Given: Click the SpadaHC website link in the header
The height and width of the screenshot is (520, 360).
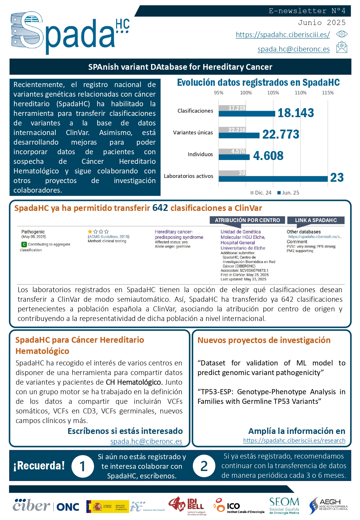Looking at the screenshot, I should click(283, 35).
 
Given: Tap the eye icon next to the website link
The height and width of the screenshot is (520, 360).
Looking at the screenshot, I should click(342, 34).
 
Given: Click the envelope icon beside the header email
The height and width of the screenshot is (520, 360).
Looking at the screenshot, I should click(342, 47).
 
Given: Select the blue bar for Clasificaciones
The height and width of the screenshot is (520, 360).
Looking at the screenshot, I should click(247, 114).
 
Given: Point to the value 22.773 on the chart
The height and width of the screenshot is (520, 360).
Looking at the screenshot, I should click(281, 134).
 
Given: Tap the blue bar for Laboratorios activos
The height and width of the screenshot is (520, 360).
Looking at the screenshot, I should click(273, 179).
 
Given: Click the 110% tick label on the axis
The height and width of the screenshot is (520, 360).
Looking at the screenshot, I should click(300, 93).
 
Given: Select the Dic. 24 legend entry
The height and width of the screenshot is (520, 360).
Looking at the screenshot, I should click(261, 193).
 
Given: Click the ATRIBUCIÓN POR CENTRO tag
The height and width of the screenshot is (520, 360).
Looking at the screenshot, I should click(247, 220).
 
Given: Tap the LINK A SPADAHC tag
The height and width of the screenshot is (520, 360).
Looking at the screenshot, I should click(316, 220).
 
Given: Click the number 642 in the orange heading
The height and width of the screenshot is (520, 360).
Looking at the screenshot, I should click(160, 208).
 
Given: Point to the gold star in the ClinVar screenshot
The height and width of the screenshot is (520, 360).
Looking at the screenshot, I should click(90, 231).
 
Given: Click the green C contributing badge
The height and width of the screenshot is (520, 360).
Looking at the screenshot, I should click(24, 244).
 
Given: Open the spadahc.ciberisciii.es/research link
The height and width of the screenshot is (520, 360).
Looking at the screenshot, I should click(294, 440).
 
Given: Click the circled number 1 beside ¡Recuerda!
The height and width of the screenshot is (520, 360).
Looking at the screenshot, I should click(83, 466).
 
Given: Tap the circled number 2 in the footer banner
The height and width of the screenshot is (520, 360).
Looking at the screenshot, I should click(204, 466).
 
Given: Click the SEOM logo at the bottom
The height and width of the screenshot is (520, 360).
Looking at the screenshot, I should click(284, 506).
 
